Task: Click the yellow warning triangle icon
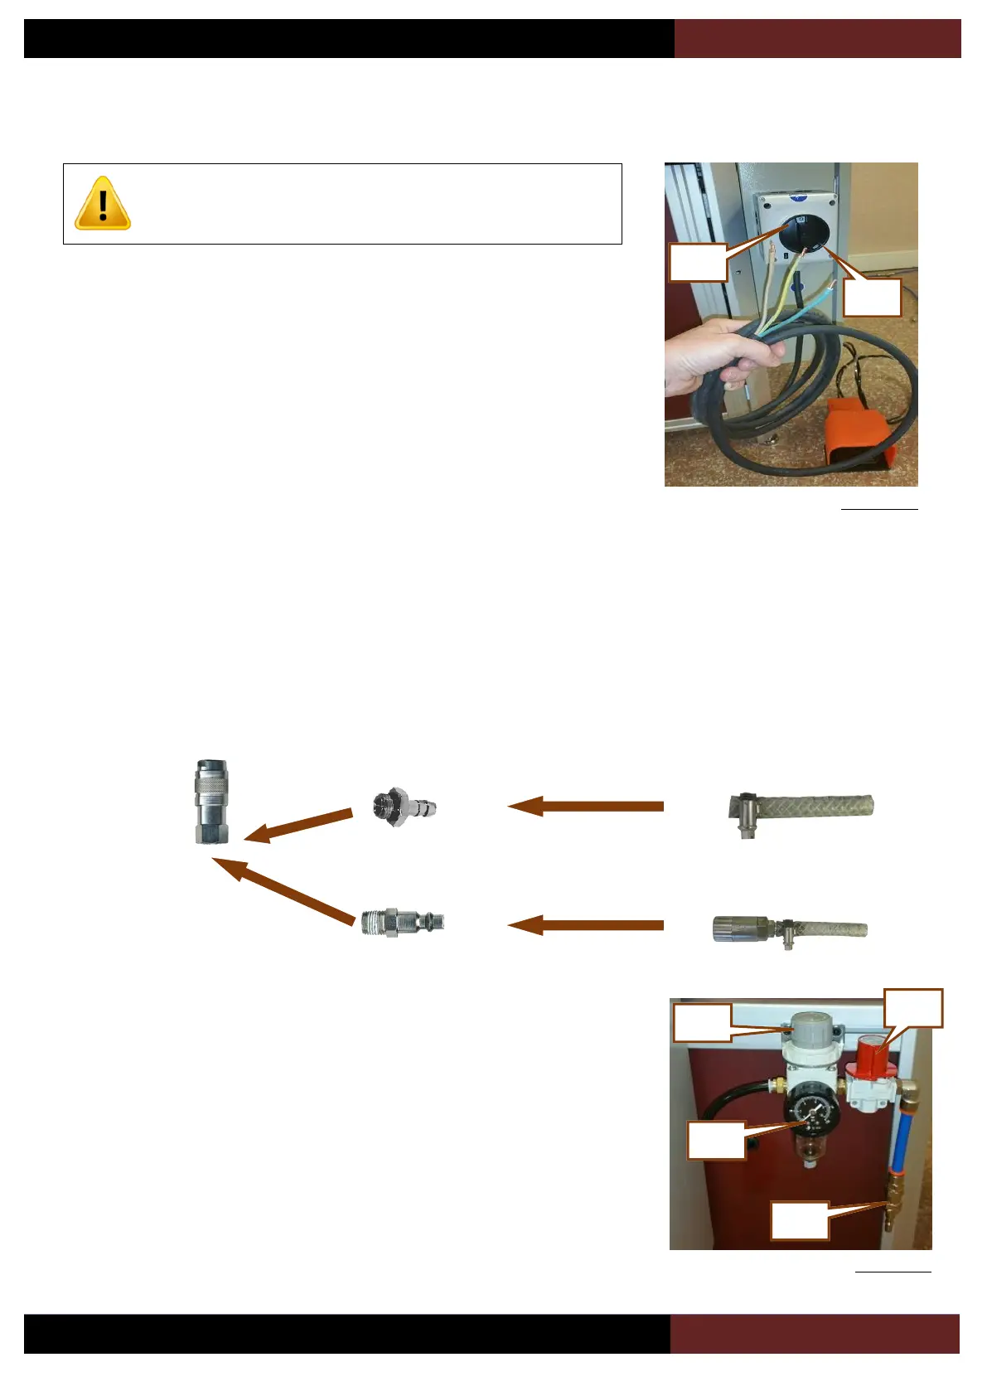coord(103,203)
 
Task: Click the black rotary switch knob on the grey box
coord(801,235)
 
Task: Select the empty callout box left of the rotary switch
coord(699,263)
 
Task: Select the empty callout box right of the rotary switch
coord(872,297)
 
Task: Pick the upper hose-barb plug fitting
coord(404,806)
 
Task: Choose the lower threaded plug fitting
coord(403,921)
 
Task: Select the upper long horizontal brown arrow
coord(586,806)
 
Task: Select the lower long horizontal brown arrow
coord(586,925)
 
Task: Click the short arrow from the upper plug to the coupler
coord(298,825)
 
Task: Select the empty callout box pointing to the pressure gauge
coord(716,1141)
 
